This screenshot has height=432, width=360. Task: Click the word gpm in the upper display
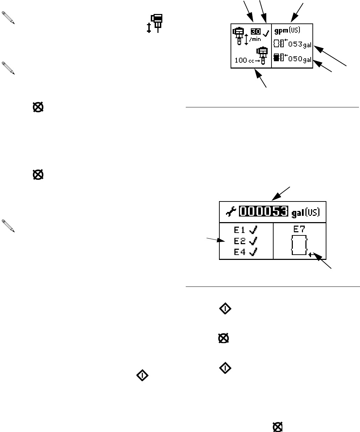[280, 30]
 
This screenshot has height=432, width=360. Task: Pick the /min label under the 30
[255, 40]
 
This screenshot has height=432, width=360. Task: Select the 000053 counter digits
[264, 211]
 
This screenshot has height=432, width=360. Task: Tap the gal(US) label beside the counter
[306, 212]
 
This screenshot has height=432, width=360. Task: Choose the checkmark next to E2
[253, 241]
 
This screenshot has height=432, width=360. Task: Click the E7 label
[299, 230]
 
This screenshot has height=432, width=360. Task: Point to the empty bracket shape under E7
[299, 245]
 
